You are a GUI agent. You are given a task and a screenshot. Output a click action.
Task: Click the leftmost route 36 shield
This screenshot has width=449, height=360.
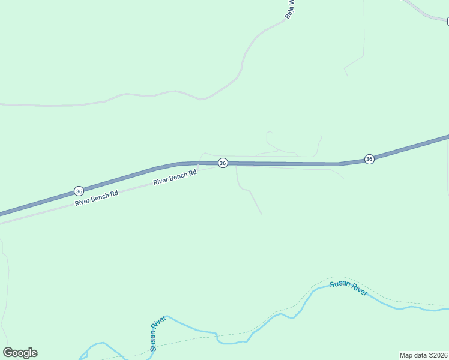pyautogui.click(x=79, y=191)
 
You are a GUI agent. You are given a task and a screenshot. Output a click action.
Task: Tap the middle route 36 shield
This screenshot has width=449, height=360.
pyautogui.click(x=223, y=163)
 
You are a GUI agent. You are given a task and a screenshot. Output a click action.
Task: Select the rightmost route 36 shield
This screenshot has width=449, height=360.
pyautogui.click(x=369, y=159)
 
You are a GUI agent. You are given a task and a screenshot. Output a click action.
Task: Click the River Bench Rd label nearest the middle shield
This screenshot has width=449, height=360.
pyautogui.click(x=175, y=177)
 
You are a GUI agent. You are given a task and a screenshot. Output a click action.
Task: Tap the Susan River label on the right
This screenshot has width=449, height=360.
pyautogui.click(x=348, y=288)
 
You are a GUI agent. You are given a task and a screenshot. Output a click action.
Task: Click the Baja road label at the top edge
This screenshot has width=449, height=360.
pyautogui.click(x=289, y=8)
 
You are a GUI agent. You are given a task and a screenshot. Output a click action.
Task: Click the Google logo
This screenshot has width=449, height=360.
pyautogui.click(x=20, y=353)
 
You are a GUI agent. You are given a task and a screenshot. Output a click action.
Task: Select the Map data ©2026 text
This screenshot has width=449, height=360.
pyautogui.click(x=424, y=355)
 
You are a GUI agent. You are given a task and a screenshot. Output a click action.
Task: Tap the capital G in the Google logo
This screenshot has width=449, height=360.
pyautogui.click(x=8, y=353)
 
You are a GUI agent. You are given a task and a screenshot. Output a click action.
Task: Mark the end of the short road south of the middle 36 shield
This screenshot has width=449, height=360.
pyautogui.click(x=261, y=214)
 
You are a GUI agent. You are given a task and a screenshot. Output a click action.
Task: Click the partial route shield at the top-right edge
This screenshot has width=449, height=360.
pyautogui.click(x=447, y=22)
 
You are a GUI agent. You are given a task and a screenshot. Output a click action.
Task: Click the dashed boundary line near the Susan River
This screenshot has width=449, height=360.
pyautogui.click(x=408, y=299)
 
